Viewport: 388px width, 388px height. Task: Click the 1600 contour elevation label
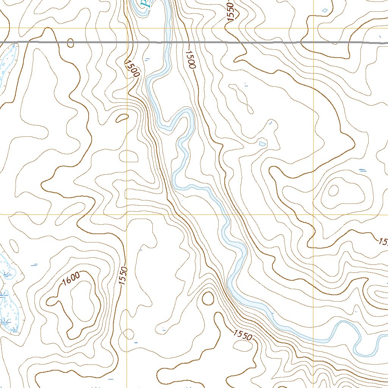tap(71, 279)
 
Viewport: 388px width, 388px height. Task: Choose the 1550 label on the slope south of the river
tap(242, 335)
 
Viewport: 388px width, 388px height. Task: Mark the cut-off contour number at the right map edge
tap(383, 242)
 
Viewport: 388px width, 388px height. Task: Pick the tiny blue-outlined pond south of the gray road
tap(262, 144)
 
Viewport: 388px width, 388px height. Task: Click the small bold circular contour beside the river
tap(208, 299)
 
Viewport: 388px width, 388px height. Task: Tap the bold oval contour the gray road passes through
tap(70, 43)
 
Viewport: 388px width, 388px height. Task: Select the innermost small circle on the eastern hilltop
tap(333, 191)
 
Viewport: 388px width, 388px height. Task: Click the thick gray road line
tap(265, 42)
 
